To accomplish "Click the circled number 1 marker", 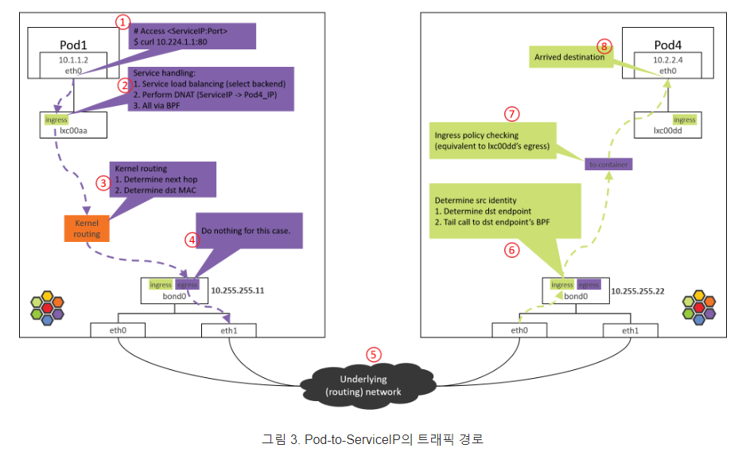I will pyautogui.click(x=122, y=22).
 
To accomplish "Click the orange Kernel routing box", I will pyautogui.click(x=87, y=228).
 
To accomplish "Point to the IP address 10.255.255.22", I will pyautogui.click(x=638, y=290).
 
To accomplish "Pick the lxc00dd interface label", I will pyautogui.click(x=668, y=131).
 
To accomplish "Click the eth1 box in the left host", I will pyautogui.click(x=230, y=329).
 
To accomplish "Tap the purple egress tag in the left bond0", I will pyautogui.click(x=187, y=284).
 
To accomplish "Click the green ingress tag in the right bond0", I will pyautogui.click(x=561, y=284).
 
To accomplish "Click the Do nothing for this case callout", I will pyautogui.click(x=246, y=231).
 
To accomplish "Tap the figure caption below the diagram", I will pyautogui.click(x=372, y=438).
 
